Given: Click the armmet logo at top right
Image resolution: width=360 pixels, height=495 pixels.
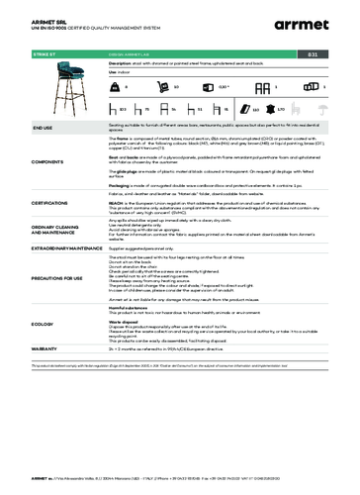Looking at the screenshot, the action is (318, 19).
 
